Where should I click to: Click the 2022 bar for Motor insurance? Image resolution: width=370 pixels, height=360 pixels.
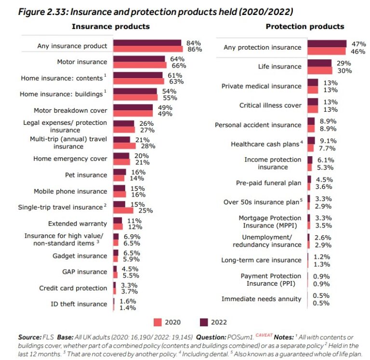pos(139,59)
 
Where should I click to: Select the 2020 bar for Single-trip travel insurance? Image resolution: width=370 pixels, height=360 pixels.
pos(123,211)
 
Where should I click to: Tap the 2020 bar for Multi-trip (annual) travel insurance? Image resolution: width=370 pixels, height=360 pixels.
pos(124,146)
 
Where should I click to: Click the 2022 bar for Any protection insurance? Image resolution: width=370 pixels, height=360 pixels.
pos(327,44)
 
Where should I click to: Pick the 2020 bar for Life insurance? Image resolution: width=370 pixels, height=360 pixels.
pos(319,70)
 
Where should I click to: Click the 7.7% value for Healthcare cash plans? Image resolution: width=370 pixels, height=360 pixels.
pos(325,147)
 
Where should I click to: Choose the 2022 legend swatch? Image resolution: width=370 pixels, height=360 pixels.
pos(203,322)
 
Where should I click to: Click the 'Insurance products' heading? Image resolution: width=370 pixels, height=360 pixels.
pos(110,27)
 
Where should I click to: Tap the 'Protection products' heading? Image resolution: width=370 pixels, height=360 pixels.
pos(305,27)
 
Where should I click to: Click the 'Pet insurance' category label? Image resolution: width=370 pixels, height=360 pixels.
pos(86,175)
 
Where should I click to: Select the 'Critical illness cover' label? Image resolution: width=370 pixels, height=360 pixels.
pos(270,105)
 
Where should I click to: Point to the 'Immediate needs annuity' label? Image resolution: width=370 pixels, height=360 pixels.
pos(261,299)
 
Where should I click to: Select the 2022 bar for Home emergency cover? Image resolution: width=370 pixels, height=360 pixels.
pos(121,156)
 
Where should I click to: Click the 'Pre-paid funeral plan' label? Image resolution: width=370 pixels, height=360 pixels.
pos(268,183)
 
